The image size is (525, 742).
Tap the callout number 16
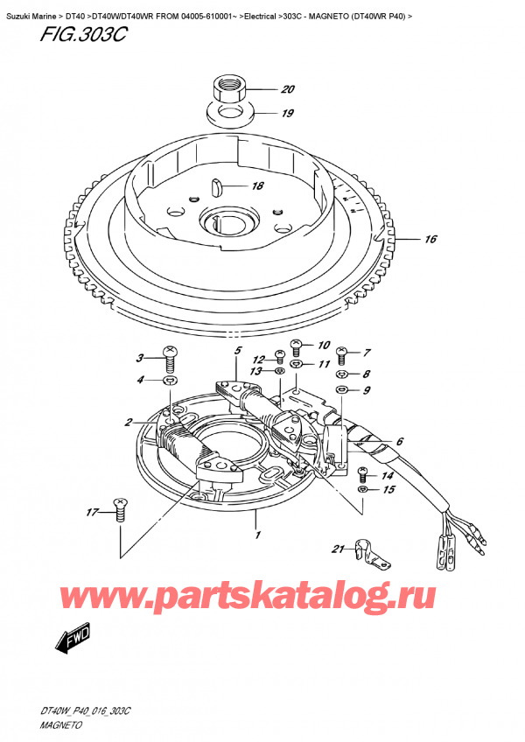pyautogui.click(x=430, y=239)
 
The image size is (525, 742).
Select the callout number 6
pyautogui.click(x=399, y=442)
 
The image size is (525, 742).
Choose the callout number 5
pyautogui.click(x=236, y=351)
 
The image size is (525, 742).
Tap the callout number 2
pyautogui.click(x=128, y=422)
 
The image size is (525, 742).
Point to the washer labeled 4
pyautogui.click(x=170, y=381)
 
